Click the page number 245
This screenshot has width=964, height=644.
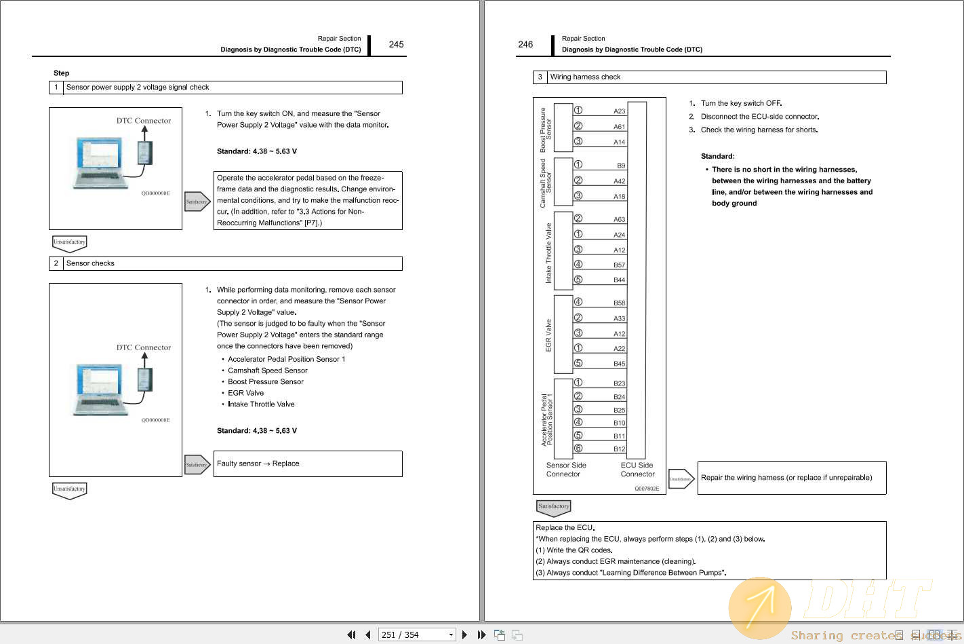tap(396, 45)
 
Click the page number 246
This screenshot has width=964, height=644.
tap(525, 45)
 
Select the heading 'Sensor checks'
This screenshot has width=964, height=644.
tap(90, 263)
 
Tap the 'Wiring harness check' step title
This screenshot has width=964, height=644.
tap(585, 77)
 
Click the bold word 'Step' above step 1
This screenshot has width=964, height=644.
tap(61, 73)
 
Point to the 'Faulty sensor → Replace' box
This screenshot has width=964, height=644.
tap(308, 463)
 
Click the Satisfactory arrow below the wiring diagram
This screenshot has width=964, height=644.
tap(553, 507)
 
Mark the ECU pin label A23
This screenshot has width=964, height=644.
tap(619, 111)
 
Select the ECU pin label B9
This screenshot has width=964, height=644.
tap(621, 166)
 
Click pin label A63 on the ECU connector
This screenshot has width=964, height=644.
tap(619, 220)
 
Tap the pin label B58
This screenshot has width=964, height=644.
tap(619, 303)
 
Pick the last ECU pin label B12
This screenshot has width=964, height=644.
tap(619, 449)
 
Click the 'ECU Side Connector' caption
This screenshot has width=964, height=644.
tap(637, 470)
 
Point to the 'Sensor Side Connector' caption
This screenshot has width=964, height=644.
tap(566, 470)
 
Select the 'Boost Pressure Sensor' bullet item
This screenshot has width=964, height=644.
tap(266, 382)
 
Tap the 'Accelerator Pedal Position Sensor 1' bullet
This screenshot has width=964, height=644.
tap(286, 360)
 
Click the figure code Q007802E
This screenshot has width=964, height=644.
tap(647, 489)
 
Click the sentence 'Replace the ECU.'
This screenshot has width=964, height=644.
tap(565, 528)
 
